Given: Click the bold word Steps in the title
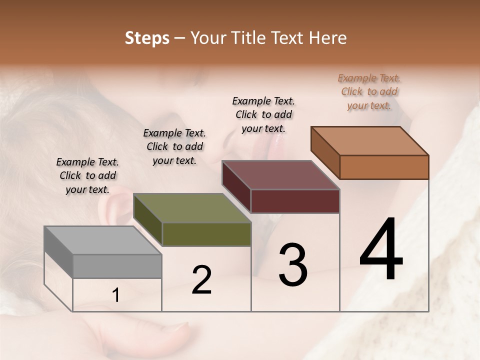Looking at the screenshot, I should pyautogui.click(x=147, y=38).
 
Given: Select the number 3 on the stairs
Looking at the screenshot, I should pyautogui.click(x=293, y=265).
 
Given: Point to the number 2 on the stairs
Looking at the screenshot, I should pyautogui.click(x=201, y=280).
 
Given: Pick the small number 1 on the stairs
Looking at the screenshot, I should pyautogui.click(x=116, y=295).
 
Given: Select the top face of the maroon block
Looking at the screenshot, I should pyautogui.click(x=280, y=175).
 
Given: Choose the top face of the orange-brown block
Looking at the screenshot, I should pyautogui.click(x=370, y=141).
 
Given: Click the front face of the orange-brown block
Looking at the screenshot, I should pyautogui.click(x=384, y=167).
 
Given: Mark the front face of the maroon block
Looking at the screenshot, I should pyautogui.click(x=295, y=201).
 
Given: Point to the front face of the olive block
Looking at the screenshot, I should pyautogui.click(x=206, y=234).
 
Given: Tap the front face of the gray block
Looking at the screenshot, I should pyautogui.click(x=117, y=266).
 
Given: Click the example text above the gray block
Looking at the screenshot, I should pyautogui.click(x=87, y=175).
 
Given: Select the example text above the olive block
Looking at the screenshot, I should pyautogui.click(x=174, y=146).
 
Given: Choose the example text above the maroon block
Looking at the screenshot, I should pyautogui.click(x=263, y=114).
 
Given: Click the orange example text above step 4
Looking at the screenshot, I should pyautogui.click(x=369, y=91).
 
